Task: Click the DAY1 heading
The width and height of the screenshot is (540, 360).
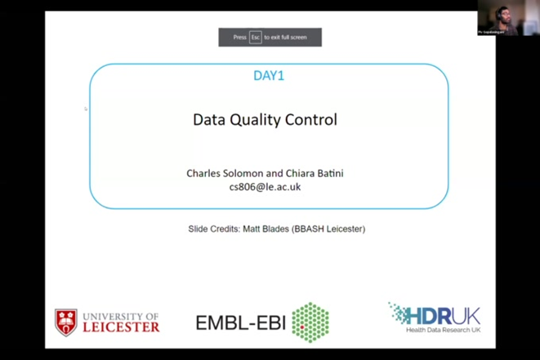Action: click(269, 76)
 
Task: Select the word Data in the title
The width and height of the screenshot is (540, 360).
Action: click(208, 119)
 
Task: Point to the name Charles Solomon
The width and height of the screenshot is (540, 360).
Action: click(221, 173)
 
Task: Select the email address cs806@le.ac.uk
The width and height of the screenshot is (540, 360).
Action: click(265, 187)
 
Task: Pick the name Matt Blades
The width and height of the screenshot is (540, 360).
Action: click(266, 229)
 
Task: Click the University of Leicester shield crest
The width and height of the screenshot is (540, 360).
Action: click(66, 322)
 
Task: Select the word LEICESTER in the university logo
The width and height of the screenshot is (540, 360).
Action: click(121, 327)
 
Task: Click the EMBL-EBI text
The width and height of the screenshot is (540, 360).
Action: click(240, 323)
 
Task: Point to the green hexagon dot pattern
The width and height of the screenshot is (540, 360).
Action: click(310, 322)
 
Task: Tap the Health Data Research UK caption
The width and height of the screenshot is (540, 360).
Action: click(444, 330)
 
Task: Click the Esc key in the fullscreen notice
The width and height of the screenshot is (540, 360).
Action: click(256, 38)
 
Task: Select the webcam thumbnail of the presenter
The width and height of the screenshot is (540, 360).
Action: click(498, 18)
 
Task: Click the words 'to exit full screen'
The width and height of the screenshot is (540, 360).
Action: click(286, 38)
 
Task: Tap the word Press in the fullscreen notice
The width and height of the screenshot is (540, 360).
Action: click(239, 38)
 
